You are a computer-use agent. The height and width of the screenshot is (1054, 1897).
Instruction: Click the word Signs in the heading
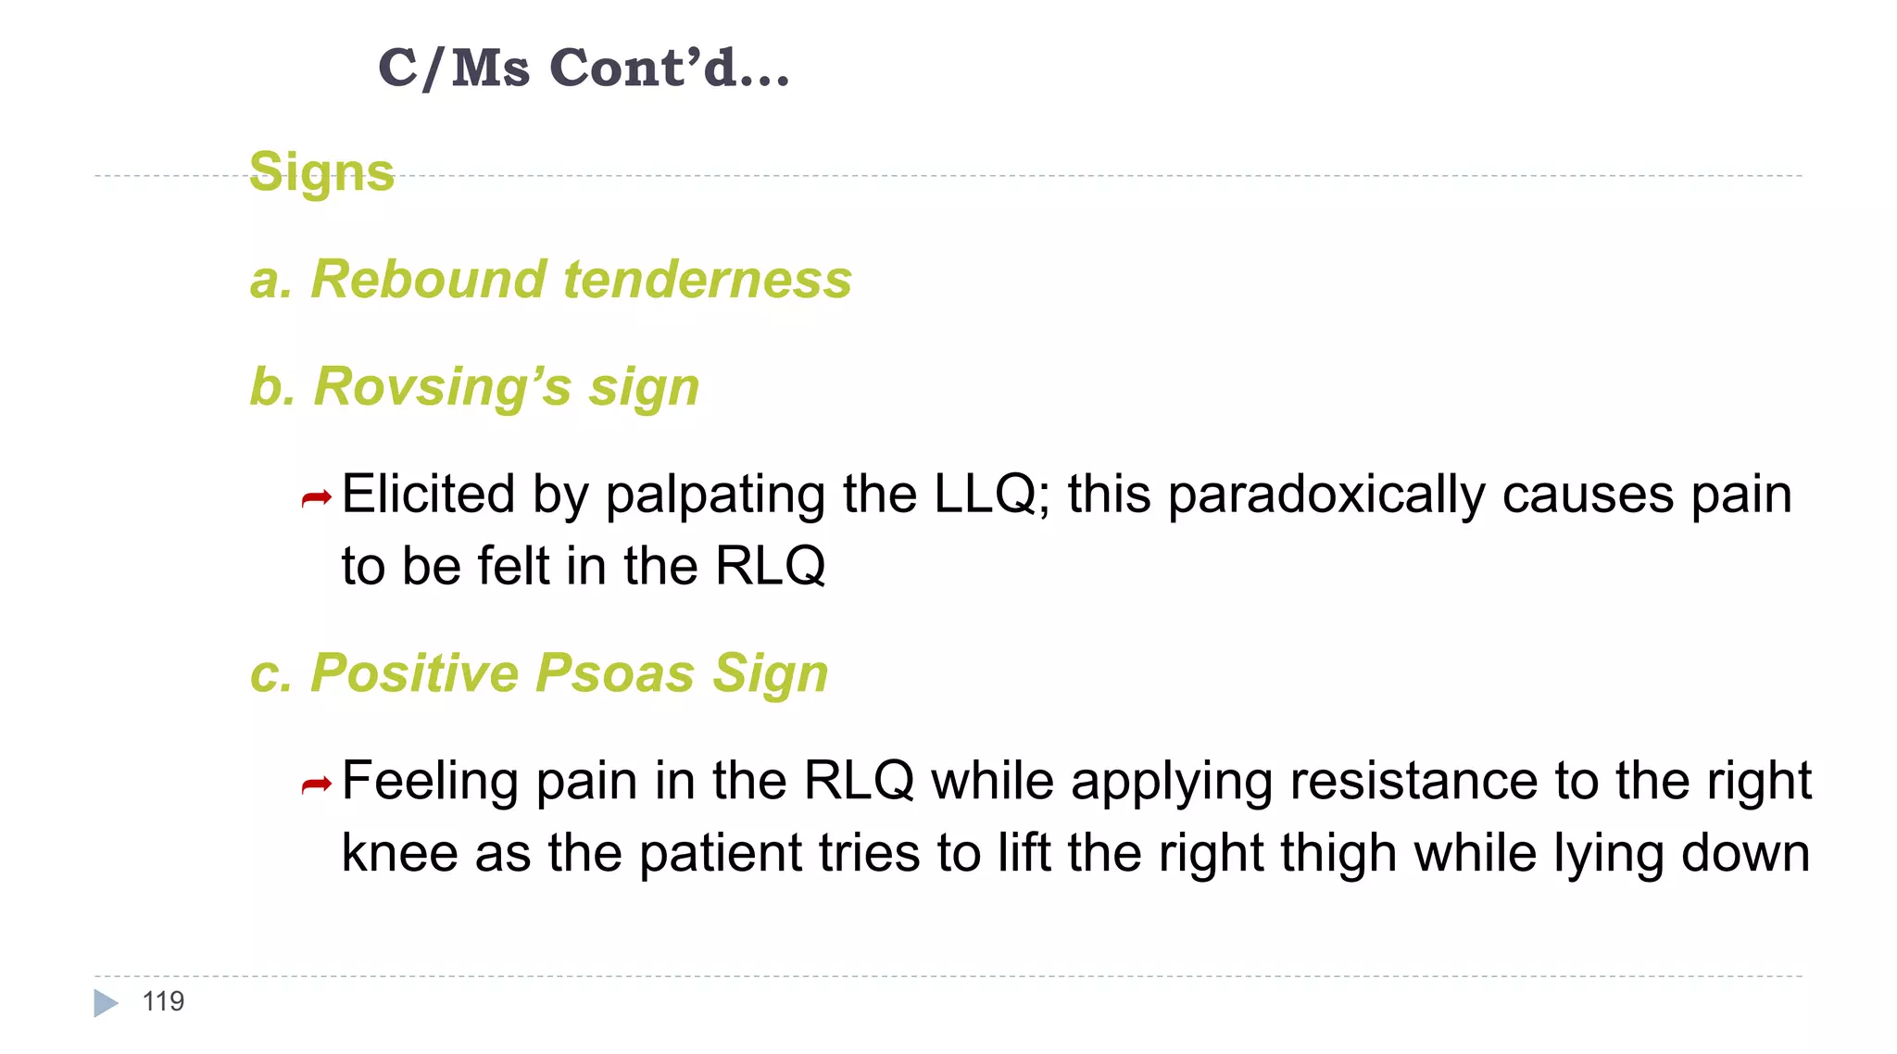[321, 172]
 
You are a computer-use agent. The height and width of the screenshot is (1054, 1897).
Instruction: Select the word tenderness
[708, 279]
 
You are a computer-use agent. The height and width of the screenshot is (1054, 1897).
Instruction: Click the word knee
[399, 852]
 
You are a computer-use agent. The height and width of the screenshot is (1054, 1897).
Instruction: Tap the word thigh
[1338, 852]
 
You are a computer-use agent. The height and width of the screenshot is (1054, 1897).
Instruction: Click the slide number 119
[163, 1001]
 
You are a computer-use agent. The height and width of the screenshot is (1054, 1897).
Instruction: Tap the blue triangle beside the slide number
[106, 1003]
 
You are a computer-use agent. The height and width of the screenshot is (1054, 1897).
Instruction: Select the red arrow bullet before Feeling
[316, 786]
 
